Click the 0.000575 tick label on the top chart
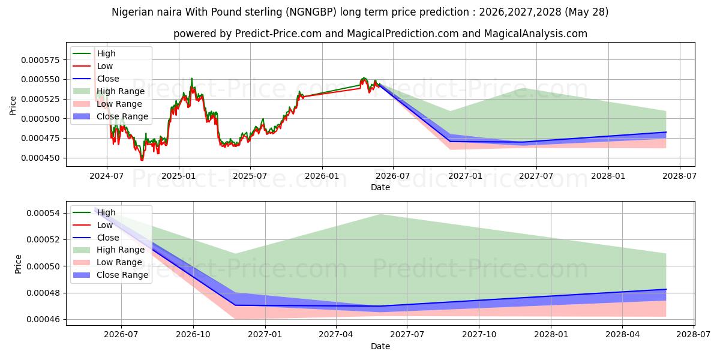click(41, 60)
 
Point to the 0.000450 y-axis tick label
click(41, 158)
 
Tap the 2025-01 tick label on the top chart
click(179, 176)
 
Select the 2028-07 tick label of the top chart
click(680, 176)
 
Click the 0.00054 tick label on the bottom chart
click(43, 214)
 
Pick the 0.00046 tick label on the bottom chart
click(43, 319)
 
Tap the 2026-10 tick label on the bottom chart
click(193, 335)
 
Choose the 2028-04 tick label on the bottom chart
click(623, 335)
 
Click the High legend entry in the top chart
click(94, 53)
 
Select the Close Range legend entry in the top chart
click(110, 116)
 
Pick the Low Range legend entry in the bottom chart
click(107, 263)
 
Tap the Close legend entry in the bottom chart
click(96, 238)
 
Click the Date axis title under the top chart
click(380, 187)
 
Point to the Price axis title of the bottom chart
click(18, 264)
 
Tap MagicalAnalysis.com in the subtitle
click(535, 34)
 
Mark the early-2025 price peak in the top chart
click(192, 78)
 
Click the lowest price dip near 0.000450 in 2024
click(142, 160)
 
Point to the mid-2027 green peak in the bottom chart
click(380, 214)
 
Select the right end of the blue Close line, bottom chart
click(666, 289)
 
